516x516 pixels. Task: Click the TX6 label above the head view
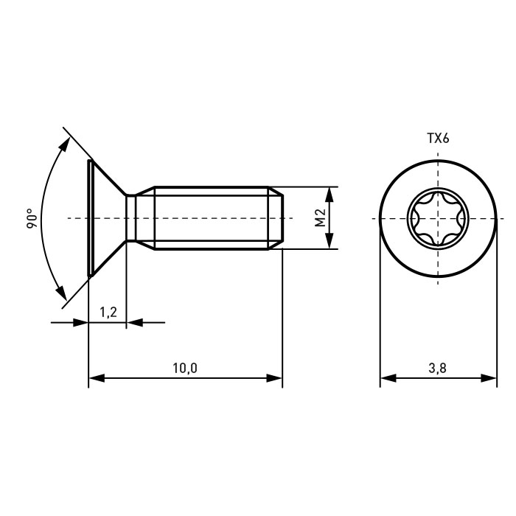(x=438, y=139)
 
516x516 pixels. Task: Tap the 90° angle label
(x=32, y=218)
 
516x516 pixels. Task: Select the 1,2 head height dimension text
(x=108, y=312)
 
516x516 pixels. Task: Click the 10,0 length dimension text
(x=185, y=369)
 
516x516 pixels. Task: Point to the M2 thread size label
(x=320, y=218)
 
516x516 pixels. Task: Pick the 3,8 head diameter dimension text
(x=438, y=368)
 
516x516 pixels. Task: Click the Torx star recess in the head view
(x=438, y=218)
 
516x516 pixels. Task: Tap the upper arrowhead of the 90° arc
(x=65, y=144)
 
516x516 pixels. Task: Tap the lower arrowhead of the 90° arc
(x=61, y=293)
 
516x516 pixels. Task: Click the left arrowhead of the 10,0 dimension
(x=97, y=378)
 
